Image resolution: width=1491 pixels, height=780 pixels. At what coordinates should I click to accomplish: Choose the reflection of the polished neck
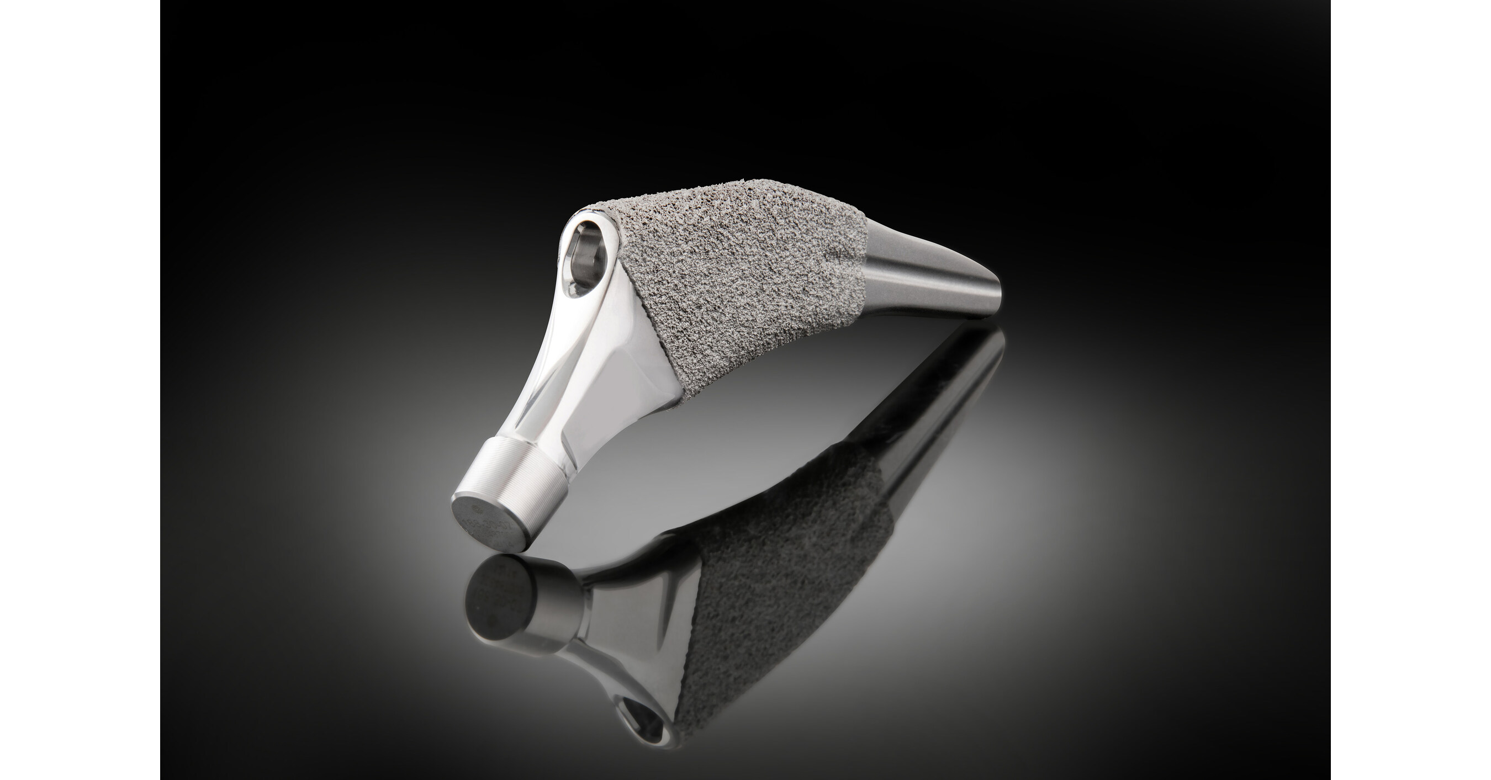631,643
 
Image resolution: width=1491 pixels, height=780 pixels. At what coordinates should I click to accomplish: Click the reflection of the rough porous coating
781,579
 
